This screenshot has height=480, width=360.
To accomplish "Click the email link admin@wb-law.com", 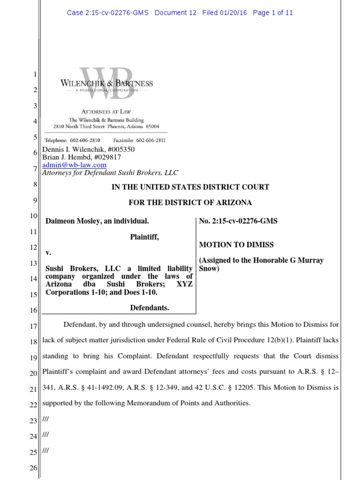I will tap(75, 165).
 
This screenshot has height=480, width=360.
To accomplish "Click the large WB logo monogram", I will tap(106, 83).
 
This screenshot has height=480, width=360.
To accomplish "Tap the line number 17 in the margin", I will tap(34, 325).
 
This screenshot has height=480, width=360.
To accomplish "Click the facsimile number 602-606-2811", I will tap(150, 140).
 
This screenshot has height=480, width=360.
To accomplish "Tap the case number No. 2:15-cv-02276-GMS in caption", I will tap(238, 221).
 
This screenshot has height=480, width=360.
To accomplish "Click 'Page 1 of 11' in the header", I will tap(273, 13).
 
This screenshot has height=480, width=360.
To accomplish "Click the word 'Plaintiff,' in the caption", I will tap(144, 237).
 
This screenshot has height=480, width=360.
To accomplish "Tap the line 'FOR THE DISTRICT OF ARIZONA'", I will tap(190, 202).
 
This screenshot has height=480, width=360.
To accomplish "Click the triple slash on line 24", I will tap(45, 435).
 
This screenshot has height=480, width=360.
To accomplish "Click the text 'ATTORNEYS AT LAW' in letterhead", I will tap(106, 112).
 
